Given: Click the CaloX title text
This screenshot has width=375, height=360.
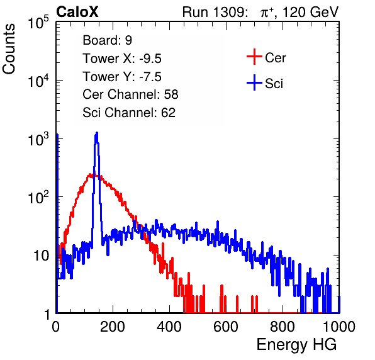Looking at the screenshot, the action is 77,12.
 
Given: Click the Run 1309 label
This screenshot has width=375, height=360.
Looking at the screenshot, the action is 215,12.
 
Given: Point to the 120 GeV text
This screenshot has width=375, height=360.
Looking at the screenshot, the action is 310,12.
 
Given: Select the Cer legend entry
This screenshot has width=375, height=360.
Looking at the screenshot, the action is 266,57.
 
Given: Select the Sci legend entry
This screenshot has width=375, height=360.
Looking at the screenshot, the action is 265,83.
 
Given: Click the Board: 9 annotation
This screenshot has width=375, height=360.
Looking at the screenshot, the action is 108,40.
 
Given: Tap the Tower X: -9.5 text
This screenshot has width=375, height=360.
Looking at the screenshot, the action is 122,59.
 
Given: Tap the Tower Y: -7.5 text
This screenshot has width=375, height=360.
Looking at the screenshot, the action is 122,77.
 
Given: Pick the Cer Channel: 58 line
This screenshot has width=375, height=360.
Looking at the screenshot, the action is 130,94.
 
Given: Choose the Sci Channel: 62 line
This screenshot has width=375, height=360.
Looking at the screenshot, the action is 129,113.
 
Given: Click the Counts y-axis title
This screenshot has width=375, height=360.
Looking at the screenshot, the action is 9,49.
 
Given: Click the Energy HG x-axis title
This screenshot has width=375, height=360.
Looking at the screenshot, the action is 296,344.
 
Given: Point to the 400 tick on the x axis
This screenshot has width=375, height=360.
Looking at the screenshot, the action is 169,327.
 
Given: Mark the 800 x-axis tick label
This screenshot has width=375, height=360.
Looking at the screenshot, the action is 283,327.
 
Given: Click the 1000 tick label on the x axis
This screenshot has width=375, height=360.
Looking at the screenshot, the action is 339,327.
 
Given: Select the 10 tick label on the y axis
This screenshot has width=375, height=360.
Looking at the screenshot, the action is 42,256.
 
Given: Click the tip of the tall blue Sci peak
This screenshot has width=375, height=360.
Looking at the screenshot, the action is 97,132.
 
